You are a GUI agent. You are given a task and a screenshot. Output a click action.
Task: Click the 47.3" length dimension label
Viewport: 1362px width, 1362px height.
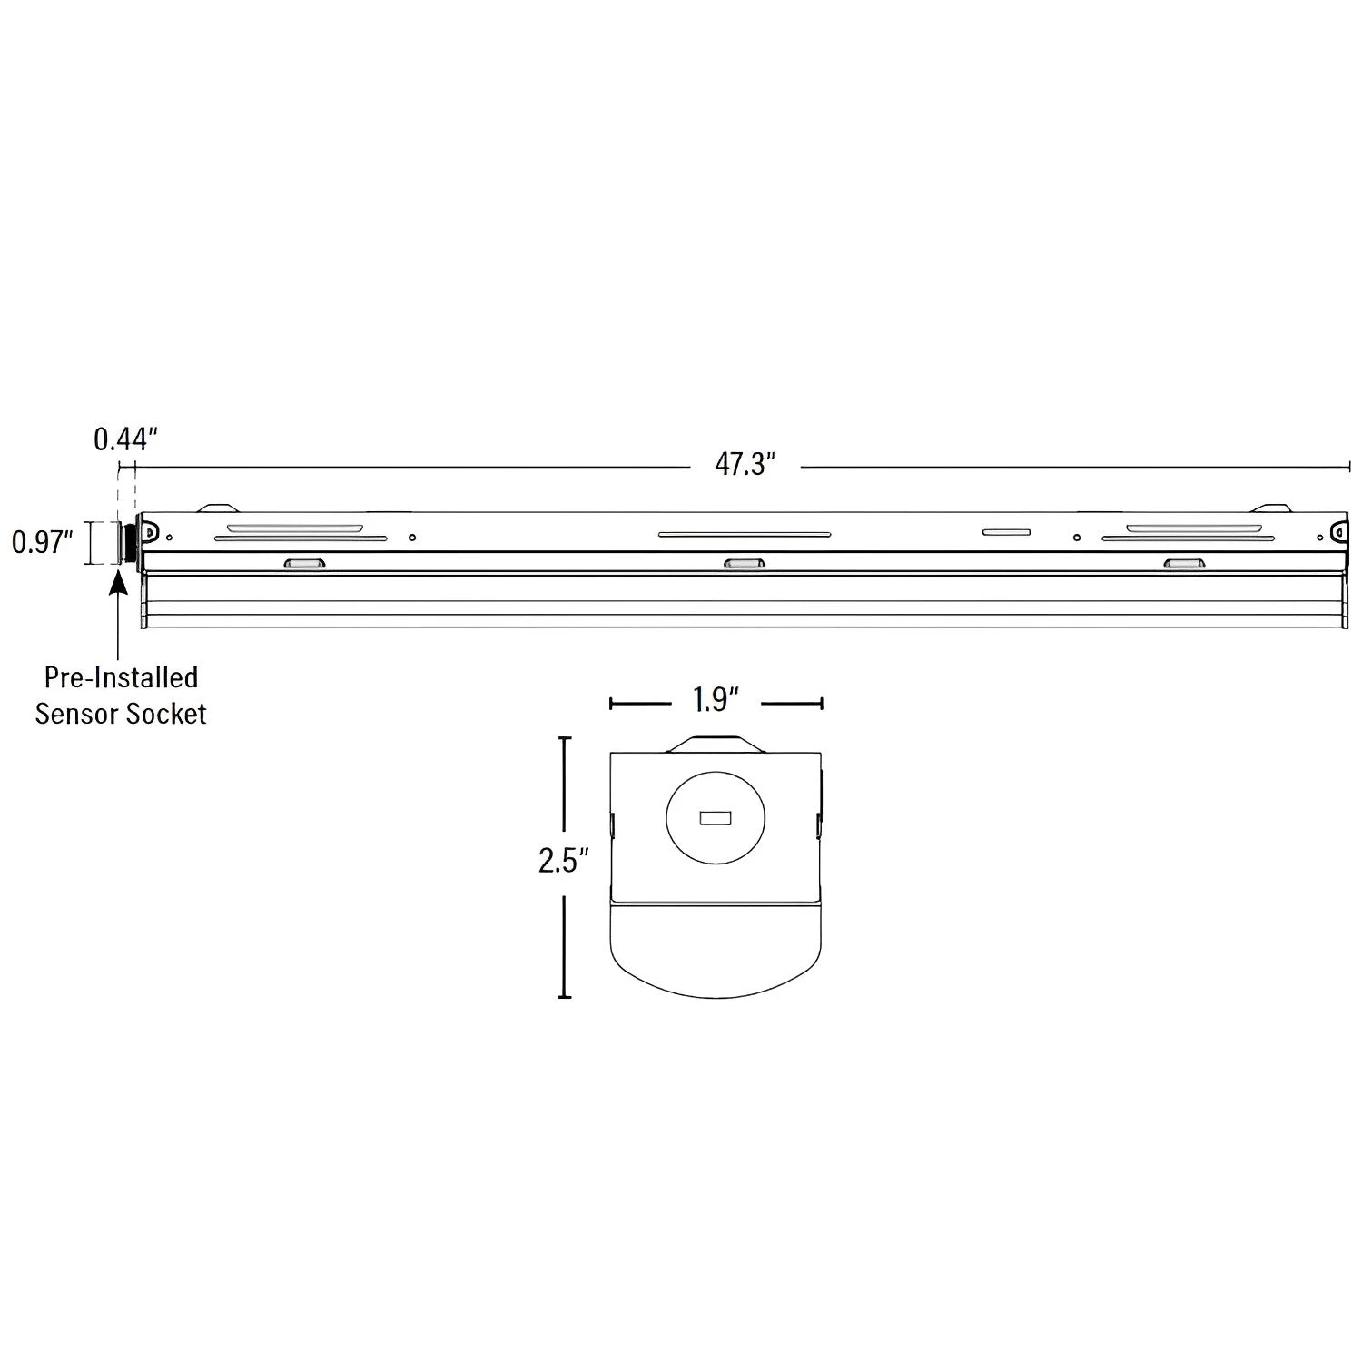745,465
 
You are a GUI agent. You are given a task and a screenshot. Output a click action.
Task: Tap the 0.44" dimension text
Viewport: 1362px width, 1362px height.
126,439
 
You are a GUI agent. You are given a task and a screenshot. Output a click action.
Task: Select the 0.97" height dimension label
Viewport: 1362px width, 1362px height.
42,543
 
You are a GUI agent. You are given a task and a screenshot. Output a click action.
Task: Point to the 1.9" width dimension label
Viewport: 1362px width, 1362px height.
716,700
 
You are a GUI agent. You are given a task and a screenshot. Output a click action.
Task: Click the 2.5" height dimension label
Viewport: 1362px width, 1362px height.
564,860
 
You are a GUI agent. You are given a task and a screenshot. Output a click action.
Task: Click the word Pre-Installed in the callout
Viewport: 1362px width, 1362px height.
121,677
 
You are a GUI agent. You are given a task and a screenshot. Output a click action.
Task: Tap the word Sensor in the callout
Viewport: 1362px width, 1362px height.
76,714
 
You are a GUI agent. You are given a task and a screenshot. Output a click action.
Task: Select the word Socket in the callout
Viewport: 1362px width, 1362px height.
166,714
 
